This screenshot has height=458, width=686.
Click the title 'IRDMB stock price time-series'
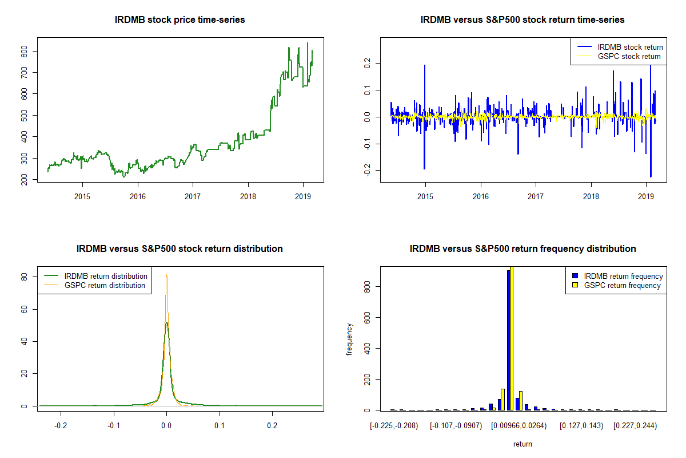click(x=180, y=20)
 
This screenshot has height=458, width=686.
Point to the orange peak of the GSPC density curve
click(x=166, y=275)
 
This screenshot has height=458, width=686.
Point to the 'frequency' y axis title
click(x=350, y=339)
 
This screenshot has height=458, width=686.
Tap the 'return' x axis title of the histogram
click(x=522, y=444)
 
